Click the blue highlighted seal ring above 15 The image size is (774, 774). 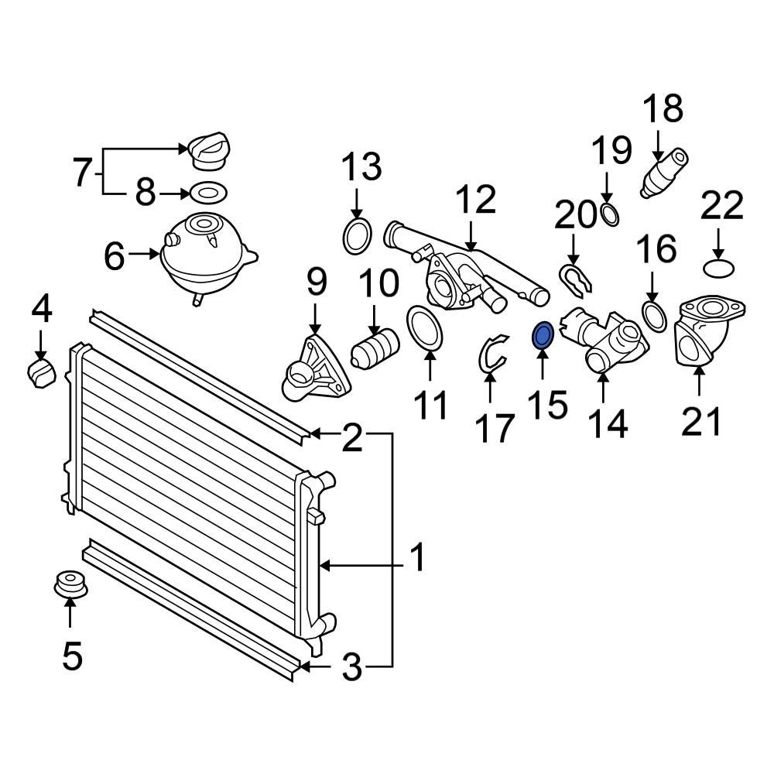[543, 336]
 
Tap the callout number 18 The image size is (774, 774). [663, 109]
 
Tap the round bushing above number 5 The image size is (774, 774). [70, 584]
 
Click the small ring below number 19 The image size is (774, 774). [610, 214]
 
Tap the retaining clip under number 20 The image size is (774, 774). [575, 279]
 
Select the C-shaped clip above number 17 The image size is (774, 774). [491, 354]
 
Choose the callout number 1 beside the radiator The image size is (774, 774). [416, 558]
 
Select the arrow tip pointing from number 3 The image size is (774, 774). [304, 665]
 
